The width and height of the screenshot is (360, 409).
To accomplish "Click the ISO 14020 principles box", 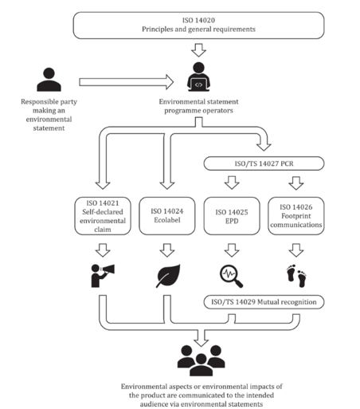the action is click(x=198, y=26).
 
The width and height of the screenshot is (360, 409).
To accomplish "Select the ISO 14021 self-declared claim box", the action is click(x=103, y=216).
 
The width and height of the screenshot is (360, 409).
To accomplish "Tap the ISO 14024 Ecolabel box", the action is click(x=167, y=216).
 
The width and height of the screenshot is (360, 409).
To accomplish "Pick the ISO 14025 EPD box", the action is click(x=232, y=216).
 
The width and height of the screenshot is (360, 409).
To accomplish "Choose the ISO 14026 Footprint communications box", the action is click(x=296, y=216).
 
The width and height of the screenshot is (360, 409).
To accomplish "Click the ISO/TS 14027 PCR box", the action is click(x=264, y=163).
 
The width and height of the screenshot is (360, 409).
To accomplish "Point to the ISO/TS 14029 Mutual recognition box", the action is click(x=264, y=302).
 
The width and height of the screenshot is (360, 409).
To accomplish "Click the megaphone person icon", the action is click(x=103, y=276).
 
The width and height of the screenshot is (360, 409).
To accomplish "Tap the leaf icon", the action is click(x=168, y=276).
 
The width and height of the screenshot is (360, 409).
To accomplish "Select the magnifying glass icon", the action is click(x=231, y=276).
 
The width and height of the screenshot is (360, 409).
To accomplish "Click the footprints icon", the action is click(x=296, y=276).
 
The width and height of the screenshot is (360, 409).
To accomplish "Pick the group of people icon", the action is click(x=201, y=360).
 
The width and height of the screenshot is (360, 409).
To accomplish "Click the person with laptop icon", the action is click(x=198, y=77).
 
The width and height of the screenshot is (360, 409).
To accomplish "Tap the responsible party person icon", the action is click(x=49, y=80).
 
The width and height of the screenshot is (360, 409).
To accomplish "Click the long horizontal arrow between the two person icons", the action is click(x=127, y=82).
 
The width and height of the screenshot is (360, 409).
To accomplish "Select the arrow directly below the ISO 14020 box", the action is click(x=198, y=50).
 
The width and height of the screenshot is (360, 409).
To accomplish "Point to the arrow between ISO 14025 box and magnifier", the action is click(x=232, y=250).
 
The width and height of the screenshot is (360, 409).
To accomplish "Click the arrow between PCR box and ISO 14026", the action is click(x=296, y=183).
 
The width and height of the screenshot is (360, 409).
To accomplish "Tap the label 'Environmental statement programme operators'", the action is click(x=198, y=106).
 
